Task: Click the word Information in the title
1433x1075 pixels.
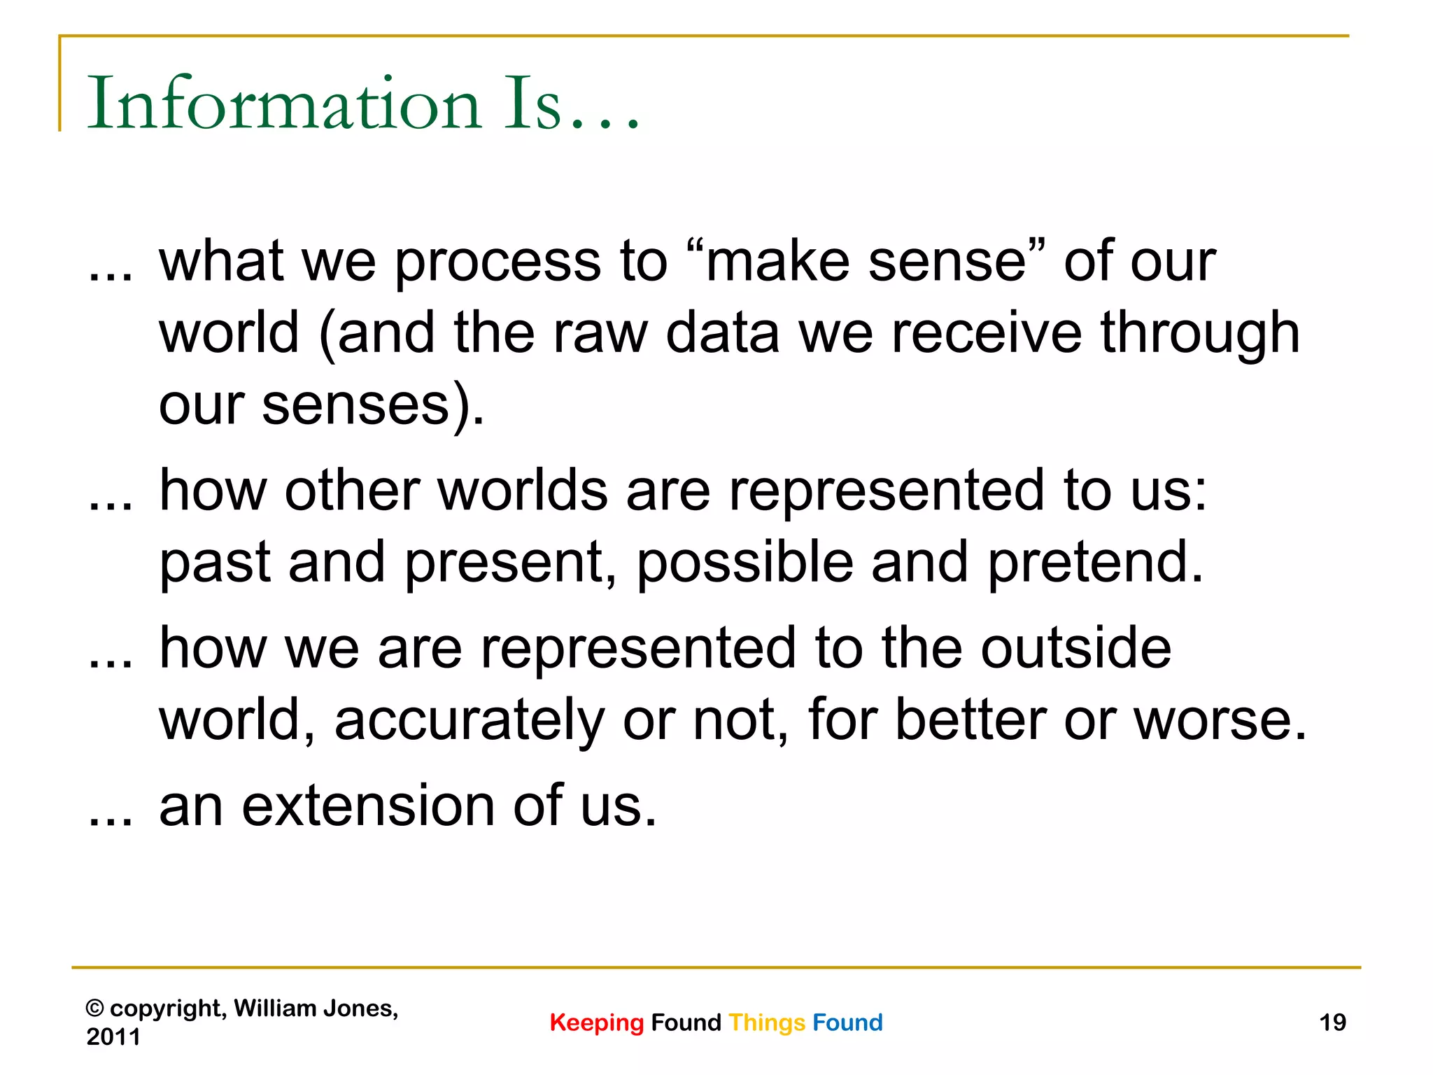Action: [x=283, y=104]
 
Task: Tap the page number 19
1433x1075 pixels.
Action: [x=1332, y=1023]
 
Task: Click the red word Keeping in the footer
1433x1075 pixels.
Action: [x=596, y=1023]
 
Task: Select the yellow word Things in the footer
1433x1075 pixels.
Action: [x=767, y=1023]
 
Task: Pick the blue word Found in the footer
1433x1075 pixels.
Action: [x=847, y=1023]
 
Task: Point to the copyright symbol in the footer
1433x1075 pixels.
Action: [x=95, y=1009]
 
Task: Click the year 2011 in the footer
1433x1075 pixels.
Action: [x=113, y=1037]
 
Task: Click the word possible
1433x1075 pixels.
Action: [x=744, y=562]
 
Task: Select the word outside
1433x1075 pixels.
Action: [x=1075, y=648]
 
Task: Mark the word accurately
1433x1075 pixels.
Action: [x=469, y=721]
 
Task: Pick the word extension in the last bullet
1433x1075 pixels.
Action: [x=368, y=806]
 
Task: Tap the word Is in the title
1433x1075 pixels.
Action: [x=533, y=104]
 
